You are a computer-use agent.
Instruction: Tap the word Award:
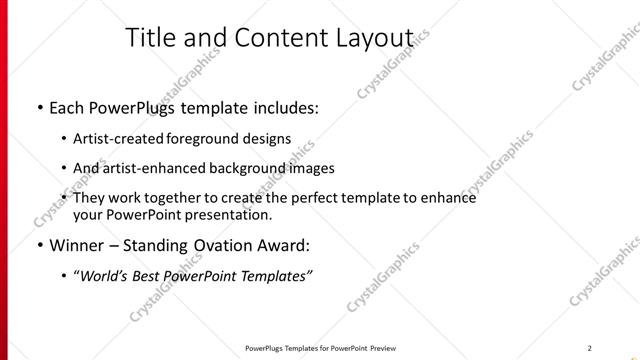tap(289, 245)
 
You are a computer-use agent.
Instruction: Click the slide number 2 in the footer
tap(590, 348)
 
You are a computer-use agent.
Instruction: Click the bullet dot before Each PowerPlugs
tap(39, 107)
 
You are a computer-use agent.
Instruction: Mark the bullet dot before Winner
tap(39, 245)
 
